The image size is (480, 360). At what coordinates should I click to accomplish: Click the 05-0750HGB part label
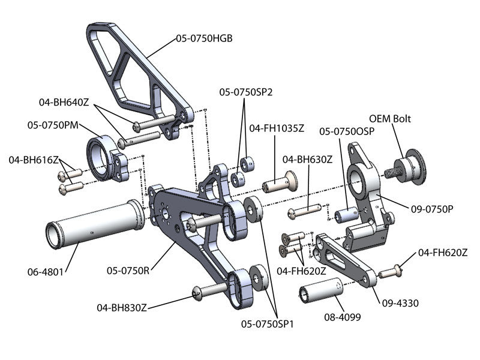click(204, 38)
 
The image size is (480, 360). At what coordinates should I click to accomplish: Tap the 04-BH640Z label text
click(64, 103)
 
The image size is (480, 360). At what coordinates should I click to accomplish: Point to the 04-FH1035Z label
click(277, 128)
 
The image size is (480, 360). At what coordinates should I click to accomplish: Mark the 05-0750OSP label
click(345, 131)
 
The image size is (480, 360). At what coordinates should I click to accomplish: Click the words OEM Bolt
click(389, 119)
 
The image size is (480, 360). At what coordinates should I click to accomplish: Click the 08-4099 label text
click(342, 317)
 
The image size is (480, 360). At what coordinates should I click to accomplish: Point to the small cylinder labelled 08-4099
click(321, 293)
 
